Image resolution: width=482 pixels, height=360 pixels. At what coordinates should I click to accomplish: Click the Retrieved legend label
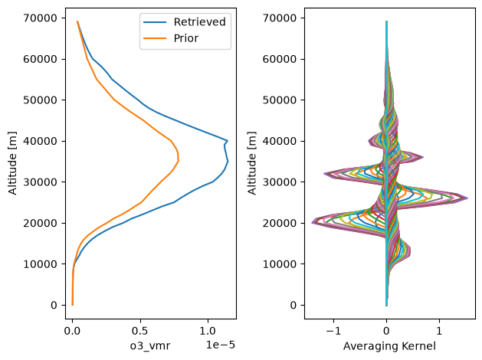click(x=199, y=22)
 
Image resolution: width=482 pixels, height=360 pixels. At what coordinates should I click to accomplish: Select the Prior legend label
click(x=186, y=38)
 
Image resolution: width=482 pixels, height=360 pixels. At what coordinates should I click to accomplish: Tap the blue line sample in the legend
click(x=155, y=22)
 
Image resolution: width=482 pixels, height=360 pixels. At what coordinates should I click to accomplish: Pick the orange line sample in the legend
click(x=155, y=38)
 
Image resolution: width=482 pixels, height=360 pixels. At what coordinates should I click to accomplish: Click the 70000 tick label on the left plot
click(x=41, y=18)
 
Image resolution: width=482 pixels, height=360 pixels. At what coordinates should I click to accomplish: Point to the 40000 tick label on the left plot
click(x=41, y=141)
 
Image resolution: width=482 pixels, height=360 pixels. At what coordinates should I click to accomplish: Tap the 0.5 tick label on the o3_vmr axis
click(x=140, y=331)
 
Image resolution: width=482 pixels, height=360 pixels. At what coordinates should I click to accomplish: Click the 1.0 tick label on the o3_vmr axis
click(x=208, y=331)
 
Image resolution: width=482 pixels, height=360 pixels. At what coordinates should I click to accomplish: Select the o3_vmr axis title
click(x=150, y=346)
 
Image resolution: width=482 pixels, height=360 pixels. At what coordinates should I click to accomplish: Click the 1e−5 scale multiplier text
click(x=221, y=345)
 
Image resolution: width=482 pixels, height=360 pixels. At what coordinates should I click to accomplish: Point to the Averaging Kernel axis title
click(x=389, y=346)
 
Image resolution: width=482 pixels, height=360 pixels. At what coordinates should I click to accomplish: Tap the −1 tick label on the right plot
click(x=333, y=331)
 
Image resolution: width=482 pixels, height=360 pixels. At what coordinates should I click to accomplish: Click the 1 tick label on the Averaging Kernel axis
click(x=439, y=331)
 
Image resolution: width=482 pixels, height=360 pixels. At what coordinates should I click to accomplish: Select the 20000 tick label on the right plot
click(x=280, y=224)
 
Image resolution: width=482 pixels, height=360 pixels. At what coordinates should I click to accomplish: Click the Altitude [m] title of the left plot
click(x=12, y=163)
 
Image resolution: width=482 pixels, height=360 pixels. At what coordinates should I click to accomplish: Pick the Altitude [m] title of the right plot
click(x=252, y=163)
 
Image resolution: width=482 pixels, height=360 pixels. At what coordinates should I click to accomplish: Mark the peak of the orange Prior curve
click(x=179, y=160)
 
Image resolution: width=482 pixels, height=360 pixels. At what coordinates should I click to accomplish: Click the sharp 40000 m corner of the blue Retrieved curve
click(x=228, y=141)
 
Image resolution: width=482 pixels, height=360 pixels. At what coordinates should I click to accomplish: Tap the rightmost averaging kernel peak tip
click(x=467, y=198)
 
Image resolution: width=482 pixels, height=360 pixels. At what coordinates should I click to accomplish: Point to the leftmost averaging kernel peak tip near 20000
click(x=312, y=222)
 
